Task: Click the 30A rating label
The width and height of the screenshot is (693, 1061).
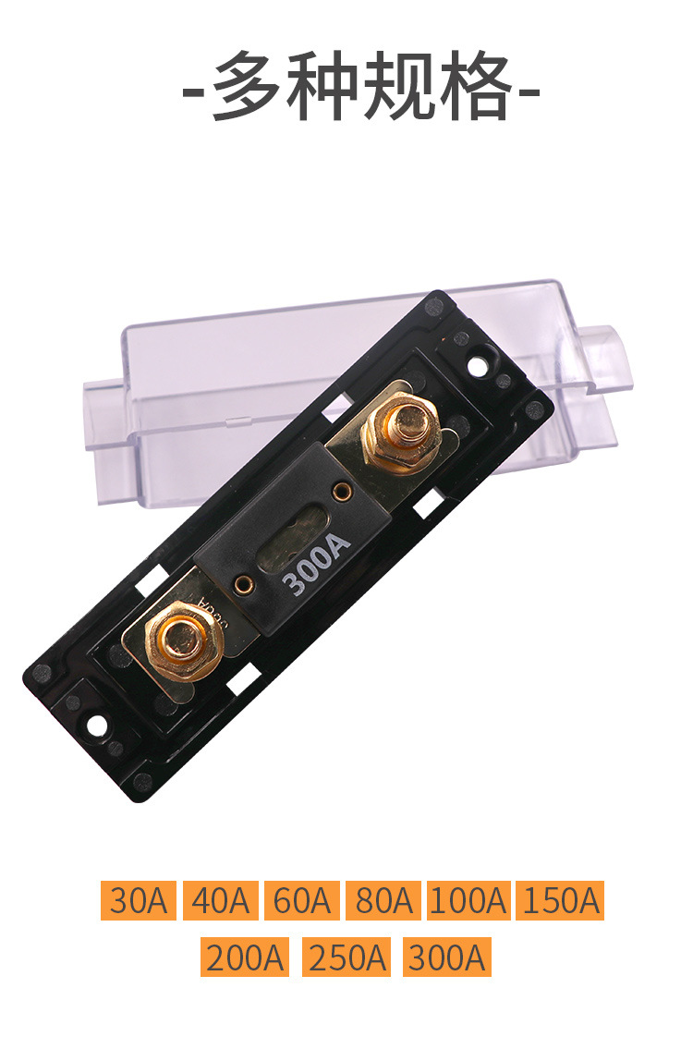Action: [x=138, y=900]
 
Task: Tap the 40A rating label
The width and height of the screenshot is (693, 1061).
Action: [x=221, y=900]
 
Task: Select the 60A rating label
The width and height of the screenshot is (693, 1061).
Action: [x=302, y=900]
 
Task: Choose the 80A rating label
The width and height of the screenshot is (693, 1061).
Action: [x=383, y=900]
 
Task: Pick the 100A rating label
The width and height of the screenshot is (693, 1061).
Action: [x=468, y=900]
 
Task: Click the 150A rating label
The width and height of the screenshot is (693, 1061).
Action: [x=560, y=900]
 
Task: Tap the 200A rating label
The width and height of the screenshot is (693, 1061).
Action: [x=244, y=957]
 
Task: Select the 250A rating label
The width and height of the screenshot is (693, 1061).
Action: [x=346, y=957]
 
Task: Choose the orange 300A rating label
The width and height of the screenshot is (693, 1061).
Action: [x=447, y=957]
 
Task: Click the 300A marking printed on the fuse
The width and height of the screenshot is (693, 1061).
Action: [x=317, y=563]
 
